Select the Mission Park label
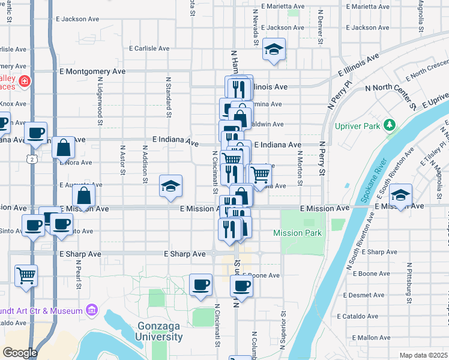pos(297,233)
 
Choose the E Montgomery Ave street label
pos(92,71)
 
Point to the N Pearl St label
pos(79,274)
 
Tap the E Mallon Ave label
pos(372,338)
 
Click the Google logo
pos(20,353)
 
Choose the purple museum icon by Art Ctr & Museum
pos(91,310)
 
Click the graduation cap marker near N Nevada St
pos(274,50)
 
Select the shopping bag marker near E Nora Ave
pos(63,147)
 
